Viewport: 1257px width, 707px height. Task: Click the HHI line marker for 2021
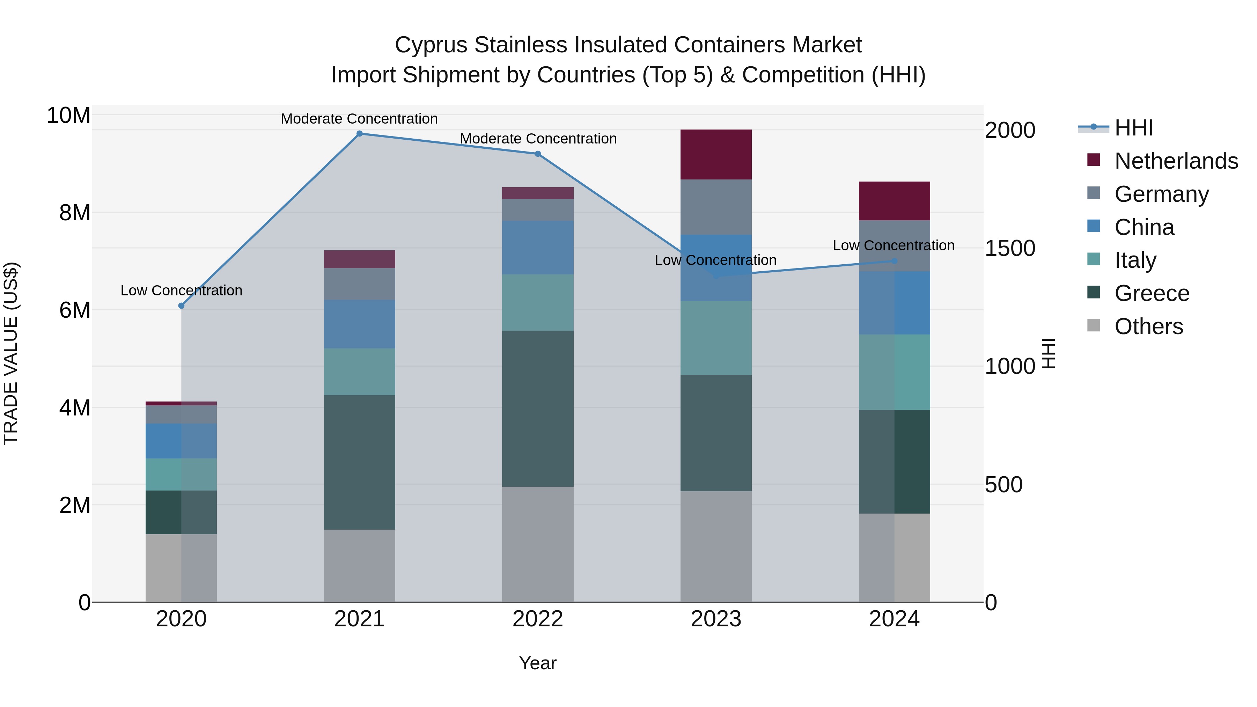point(359,134)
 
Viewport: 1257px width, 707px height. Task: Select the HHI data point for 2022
point(538,154)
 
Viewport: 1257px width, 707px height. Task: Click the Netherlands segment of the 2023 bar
point(716,154)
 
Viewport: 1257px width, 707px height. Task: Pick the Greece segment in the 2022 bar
point(538,408)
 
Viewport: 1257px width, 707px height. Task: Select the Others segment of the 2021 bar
point(359,566)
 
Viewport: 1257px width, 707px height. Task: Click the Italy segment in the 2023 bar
point(716,338)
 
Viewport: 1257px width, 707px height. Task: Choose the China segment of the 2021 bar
point(359,324)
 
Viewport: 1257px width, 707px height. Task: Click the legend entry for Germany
point(1161,194)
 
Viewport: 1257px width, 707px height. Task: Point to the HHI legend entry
point(1133,128)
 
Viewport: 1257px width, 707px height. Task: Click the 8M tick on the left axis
point(75,213)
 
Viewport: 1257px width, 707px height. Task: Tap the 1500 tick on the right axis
point(1009,248)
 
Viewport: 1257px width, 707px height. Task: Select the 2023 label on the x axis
point(716,619)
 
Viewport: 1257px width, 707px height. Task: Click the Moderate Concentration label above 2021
point(359,119)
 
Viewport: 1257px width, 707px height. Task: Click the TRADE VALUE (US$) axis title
point(11,353)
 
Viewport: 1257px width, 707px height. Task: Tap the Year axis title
point(538,663)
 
